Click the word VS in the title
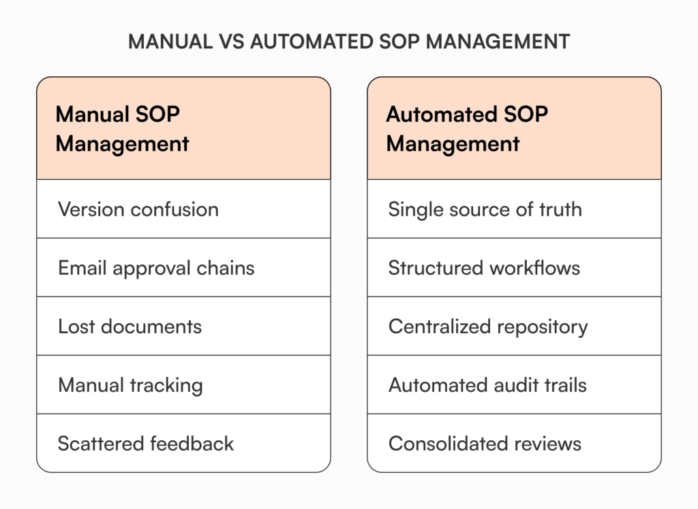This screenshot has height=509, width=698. point(229,42)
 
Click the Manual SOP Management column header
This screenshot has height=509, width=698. point(183,128)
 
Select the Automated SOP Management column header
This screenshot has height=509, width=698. point(514,128)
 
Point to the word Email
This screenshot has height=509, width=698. point(82,268)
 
